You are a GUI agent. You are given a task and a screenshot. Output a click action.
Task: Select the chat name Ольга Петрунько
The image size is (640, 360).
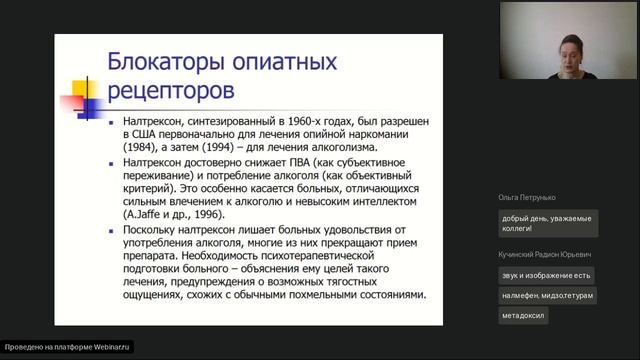tap(525, 197)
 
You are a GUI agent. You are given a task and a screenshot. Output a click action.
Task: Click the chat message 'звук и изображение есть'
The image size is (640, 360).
tap(547, 275)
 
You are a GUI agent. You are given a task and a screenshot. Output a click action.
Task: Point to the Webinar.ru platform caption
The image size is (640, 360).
tap(68, 347)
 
